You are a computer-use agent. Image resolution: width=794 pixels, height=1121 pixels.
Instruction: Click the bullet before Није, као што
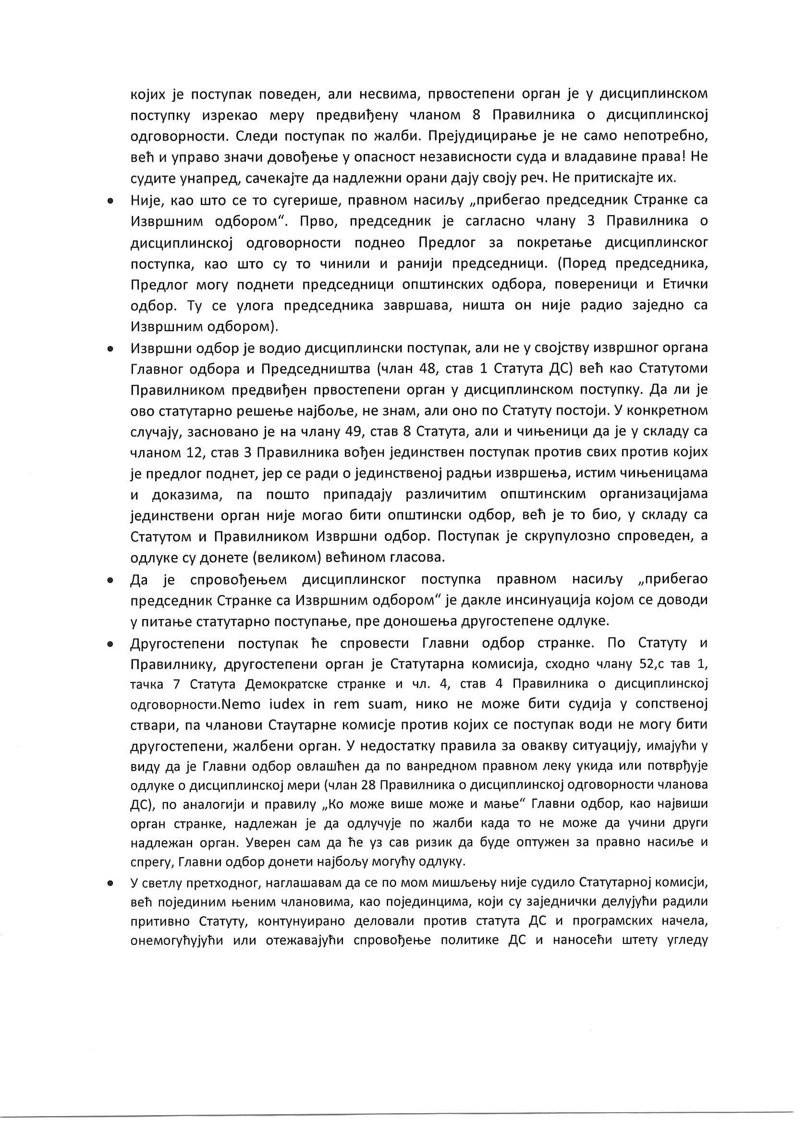click(x=111, y=201)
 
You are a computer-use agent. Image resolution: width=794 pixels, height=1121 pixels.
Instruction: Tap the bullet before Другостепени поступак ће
click(x=111, y=644)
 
